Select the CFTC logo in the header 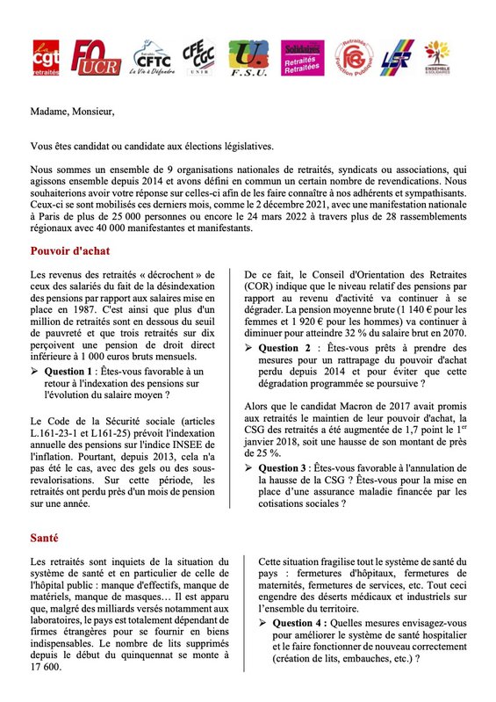point(150,61)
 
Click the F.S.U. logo point(249,60)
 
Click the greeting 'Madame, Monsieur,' point(72,112)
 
